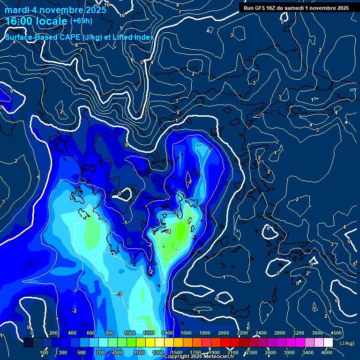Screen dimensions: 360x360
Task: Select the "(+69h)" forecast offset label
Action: click(x=81, y=21)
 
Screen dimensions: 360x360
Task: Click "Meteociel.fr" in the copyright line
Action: click(x=218, y=357)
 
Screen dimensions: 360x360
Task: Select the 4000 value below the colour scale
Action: click(x=327, y=352)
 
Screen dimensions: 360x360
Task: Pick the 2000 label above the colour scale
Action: click(x=224, y=333)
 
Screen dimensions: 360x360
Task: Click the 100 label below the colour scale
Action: click(x=45, y=352)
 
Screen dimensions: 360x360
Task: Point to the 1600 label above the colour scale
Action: click(x=186, y=333)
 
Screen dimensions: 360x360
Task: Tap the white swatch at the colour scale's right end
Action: click(x=328, y=343)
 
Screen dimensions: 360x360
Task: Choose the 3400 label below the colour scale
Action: click(x=308, y=352)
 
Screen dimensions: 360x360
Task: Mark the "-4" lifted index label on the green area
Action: click(x=168, y=232)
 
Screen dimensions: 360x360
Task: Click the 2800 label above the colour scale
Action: click(x=280, y=333)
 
